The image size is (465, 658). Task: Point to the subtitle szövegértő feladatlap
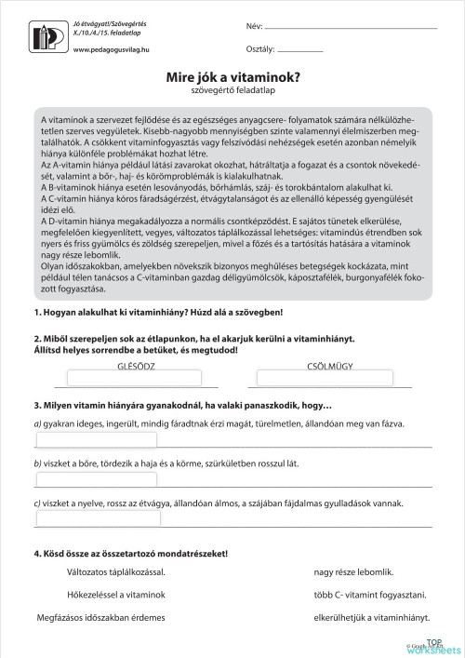click(x=232, y=93)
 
